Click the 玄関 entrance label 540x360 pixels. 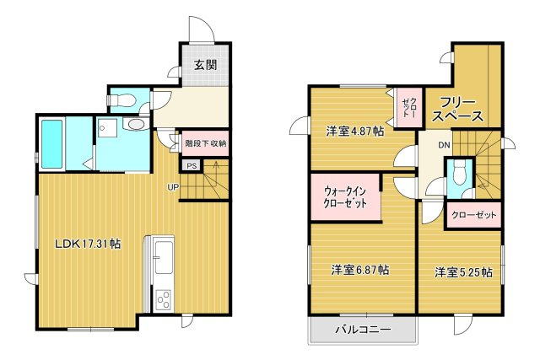point(206,65)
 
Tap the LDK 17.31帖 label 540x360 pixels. point(88,244)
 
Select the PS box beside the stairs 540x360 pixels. point(192,166)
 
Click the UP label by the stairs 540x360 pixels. point(173,187)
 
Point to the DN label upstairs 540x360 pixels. point(445,145)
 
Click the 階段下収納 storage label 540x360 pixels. point(206,143)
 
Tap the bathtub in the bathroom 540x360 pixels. point(52,144)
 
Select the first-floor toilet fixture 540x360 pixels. point(121,100)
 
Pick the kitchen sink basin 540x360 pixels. point(164,257)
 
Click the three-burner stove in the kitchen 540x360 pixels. point(164,300)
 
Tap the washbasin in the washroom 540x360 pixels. point(137,124)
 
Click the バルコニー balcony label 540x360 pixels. point(364,330)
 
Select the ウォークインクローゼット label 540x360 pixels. point(345,197)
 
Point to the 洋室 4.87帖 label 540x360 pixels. point(355,131)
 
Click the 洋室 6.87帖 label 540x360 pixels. point(360,270)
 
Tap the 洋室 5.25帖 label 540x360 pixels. point(463,272)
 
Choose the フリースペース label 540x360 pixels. point(458,110)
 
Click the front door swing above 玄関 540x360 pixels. point(202,30)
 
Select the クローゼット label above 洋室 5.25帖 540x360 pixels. point(474,215)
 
